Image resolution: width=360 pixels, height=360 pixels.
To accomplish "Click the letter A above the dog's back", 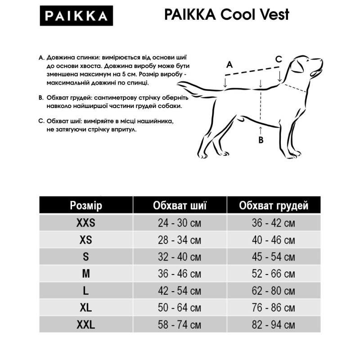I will [229, 64].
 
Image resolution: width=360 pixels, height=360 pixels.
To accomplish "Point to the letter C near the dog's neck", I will [279, 59].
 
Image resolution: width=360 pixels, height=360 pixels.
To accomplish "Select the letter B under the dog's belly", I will [261, 140].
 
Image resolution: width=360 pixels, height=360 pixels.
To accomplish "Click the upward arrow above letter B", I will [261, 130].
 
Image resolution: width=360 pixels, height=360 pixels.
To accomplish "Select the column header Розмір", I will [86, 206].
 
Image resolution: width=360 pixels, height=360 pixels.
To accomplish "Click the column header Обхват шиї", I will [180, 206].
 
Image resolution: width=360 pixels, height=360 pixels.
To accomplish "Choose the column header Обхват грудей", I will [274, 206].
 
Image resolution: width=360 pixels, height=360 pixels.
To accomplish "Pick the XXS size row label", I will [86, 223].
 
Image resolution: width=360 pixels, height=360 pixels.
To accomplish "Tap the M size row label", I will [86, 274].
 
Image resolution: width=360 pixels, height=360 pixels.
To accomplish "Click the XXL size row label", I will [86, 324].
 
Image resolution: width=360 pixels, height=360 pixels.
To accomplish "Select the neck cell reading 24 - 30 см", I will [180, 223].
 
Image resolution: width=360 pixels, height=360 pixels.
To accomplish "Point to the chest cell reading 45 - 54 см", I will [274, 257].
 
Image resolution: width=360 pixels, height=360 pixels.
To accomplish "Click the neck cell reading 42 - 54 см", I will [180, 291].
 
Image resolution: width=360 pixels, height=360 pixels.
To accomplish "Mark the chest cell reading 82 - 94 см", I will [274, 324].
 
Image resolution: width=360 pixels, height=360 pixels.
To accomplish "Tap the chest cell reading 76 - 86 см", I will [274, 308].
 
